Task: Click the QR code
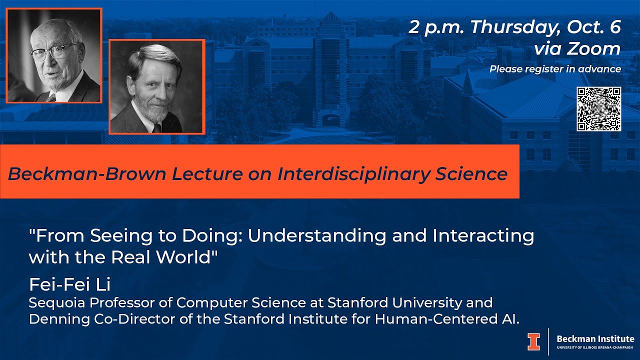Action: [x=598, y=109]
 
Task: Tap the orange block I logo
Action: [x=533, y=341]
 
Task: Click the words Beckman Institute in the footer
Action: [x=595, y=339]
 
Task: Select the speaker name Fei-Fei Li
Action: [x=69, y=284]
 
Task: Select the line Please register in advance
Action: [x=555, y=69]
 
